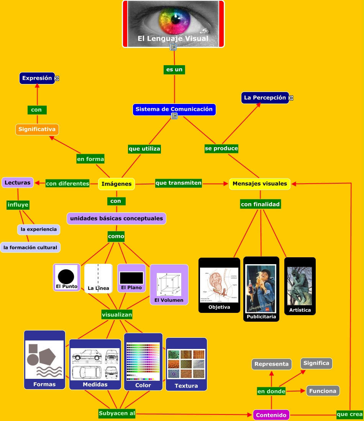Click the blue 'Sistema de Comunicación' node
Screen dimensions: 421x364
[174, 109]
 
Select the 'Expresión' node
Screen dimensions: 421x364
[37, 78]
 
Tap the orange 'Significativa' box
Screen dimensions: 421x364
[37, 129]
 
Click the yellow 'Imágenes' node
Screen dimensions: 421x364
[116, 184]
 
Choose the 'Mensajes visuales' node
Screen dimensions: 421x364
[259, 184]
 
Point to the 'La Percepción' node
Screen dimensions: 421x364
[265, 98]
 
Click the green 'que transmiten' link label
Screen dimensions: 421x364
[179, 183]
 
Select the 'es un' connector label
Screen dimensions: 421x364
[174, 69]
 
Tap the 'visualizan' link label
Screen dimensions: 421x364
[117, 315]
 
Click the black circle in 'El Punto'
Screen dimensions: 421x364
[66, 276]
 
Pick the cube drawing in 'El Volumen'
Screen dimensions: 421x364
[169, 284]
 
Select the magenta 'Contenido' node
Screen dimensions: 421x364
[271, 415]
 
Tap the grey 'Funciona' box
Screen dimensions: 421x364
[323, 391]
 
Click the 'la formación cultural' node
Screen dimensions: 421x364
[30, 248]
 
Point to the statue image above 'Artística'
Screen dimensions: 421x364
[300, 286]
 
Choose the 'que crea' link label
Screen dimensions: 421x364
[349, 414]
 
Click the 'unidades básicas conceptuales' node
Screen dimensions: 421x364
[116, 219]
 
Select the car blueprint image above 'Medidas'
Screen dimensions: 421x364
[95, 364]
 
